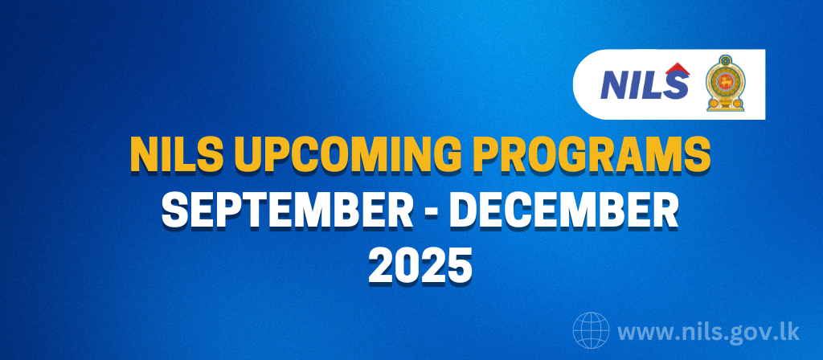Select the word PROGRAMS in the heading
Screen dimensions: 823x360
pos(601,153)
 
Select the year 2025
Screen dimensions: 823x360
pos(420,266)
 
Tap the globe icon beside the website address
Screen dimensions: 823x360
pos(591,330)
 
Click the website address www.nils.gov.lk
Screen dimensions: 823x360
pos(709,332)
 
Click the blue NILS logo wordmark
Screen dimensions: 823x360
pos(645,83)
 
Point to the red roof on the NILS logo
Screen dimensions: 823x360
pos(677,69)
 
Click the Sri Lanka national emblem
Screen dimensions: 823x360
pos(726,83)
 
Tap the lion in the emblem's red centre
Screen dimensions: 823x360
pos(726,83)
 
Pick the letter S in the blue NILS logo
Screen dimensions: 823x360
pos(675,85)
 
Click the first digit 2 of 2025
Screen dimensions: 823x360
pos(381,266)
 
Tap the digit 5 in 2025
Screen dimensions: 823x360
pos(458,266)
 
